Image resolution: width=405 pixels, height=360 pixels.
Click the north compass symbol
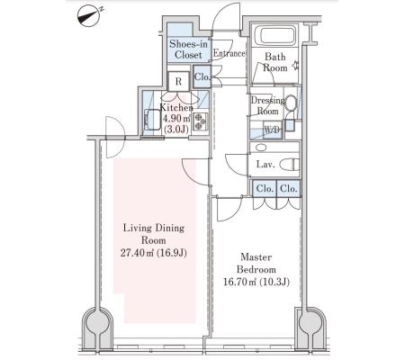click(x=89, y=16)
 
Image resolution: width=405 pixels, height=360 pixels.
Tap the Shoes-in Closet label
click(x=188, y=49)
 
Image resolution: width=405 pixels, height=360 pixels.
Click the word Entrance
click(x=229, y=53)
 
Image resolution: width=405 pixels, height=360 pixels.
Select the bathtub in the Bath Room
click(x=275, y=35)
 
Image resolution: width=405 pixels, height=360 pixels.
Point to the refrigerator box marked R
click(x=179, y=81)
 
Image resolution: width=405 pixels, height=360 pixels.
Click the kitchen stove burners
click(x=200, y=121)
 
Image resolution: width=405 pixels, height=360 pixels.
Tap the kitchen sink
click(x=153, y=119)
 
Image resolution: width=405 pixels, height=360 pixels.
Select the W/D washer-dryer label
click(x=273, y=130)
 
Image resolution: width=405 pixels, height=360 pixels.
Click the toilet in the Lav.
click(x=290, y=164)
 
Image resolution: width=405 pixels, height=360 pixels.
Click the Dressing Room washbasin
click(x=291, y=103)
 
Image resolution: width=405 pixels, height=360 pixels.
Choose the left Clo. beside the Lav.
click(x=265, y=189)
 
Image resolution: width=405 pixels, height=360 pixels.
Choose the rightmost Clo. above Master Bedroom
click(x=288, y=189)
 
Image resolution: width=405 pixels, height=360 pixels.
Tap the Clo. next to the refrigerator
click(x=202, y=76)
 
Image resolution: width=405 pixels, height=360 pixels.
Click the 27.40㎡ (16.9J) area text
click(x=154, y=253)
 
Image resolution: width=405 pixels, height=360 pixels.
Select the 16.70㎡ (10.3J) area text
click(x=256, y=282)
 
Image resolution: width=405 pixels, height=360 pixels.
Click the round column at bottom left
click(x=97, y=323)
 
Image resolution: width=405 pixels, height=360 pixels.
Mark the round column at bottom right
click(x=310, y=323)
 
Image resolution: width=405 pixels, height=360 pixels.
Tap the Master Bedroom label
click(x=256, y=263)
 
